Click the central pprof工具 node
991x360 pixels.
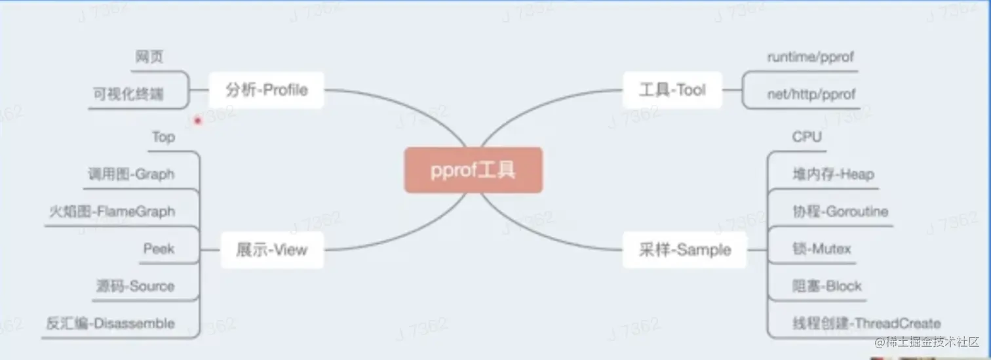tap(473, 170)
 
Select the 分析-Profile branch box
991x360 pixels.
tap(266, 90)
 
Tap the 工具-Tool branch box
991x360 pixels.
tap(672, 90)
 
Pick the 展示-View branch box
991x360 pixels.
tap(272, 249)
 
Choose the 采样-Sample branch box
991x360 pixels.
tap(684, 249)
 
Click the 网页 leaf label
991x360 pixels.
tap(149, 58)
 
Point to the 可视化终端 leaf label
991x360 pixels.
tap(128, 94)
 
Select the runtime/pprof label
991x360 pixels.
tap(811, 58)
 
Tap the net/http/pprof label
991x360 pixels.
tap(811, 94)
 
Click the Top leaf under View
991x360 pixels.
tap(163, 137)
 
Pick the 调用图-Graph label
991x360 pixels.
tap(131, 174)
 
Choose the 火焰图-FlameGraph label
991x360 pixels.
tap(112, 212)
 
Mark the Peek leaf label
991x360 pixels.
tap(159, 249)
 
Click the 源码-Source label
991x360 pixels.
tap(135, 287)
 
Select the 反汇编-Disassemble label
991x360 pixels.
tap(111, 323)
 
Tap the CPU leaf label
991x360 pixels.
tap(807, 137)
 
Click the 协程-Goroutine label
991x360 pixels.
tap(840, 212)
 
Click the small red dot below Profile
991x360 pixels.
tap(197, 121)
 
